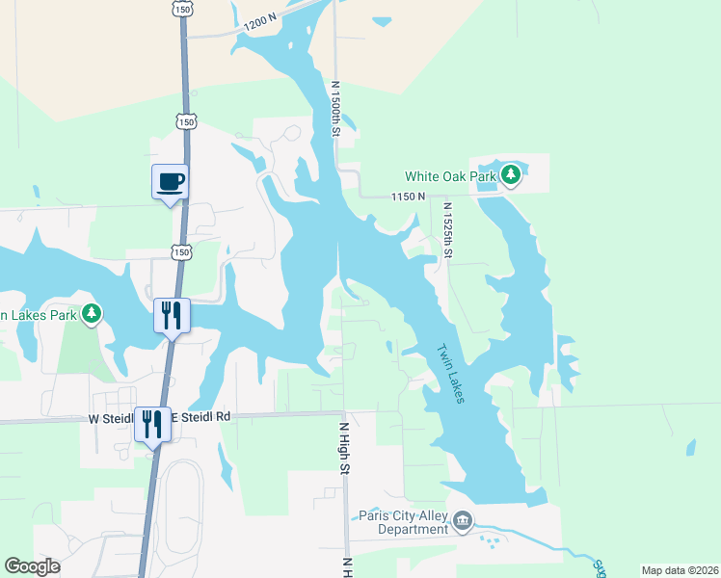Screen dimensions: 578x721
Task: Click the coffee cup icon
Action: click(170, 181)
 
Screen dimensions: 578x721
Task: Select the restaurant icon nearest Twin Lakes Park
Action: click(173, 315)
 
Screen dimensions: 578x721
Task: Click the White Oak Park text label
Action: click(449, 176)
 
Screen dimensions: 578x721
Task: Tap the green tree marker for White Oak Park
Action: click(512, 175)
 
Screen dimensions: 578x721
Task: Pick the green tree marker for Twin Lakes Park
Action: click(92, 313)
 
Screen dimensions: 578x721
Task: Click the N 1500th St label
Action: click(336, 108)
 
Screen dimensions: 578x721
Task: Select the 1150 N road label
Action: click(408, 197)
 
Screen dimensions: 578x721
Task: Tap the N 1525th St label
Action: click(447, 230)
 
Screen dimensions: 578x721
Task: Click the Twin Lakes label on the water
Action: click(450, 374)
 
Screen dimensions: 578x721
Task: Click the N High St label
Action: click(343, 447)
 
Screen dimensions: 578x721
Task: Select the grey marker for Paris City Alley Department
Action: click(463, 522)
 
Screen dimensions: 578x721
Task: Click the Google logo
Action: click(33, 566)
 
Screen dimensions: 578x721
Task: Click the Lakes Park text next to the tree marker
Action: click(39, 315)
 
